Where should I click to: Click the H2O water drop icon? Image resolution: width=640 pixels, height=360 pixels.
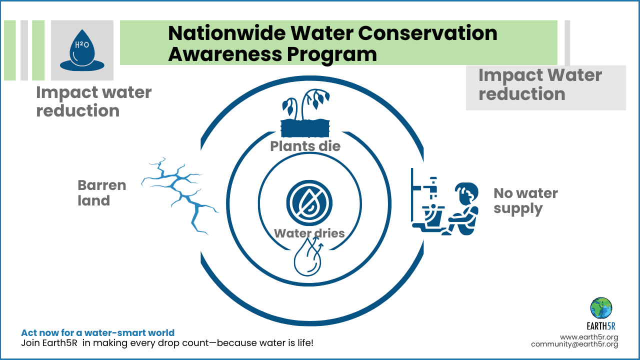tap(82, 50)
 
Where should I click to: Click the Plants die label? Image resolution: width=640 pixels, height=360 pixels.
tap(305, 146)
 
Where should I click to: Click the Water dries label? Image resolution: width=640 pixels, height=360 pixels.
tap(309, 233)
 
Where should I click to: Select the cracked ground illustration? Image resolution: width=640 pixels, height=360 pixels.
tap(180, 194)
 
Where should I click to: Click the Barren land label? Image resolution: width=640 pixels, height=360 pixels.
tap(101, 193)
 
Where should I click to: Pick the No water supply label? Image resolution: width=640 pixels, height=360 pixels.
tap(525, 200)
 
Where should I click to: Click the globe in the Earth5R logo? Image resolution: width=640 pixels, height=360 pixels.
tap(601, 308)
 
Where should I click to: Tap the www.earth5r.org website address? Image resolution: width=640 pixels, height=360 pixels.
tap(589, 337)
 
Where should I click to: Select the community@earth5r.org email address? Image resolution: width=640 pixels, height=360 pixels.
tap(574, 344)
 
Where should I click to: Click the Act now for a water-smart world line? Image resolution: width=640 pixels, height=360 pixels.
tap(97, 332)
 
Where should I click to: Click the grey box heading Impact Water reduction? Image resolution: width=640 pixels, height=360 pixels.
tap(540, 84)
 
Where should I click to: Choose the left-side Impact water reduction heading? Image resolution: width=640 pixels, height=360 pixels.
tap(93, 101)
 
